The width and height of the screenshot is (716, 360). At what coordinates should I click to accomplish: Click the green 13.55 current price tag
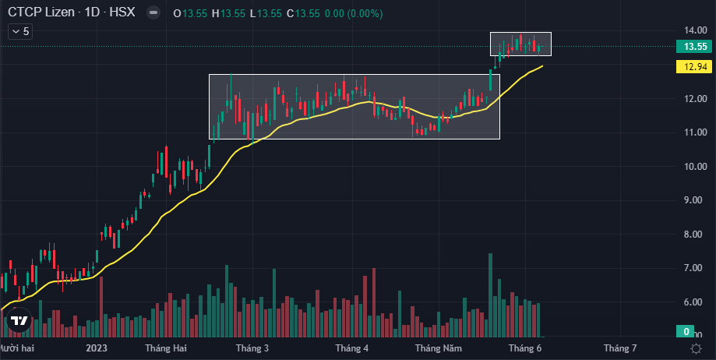[x=694, y=47]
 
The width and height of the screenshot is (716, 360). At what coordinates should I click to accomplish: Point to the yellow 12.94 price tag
[x=694, y=69]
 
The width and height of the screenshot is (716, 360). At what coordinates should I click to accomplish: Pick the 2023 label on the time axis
[x=97, y=348]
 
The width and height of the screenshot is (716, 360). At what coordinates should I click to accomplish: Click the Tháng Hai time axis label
[x=166, y=348]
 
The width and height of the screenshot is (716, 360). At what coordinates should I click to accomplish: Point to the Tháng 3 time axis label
[x=252, y=348]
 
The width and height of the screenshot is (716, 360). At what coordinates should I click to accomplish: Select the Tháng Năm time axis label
[x=439, y=348]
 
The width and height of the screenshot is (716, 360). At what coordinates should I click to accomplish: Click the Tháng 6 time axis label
[x=524, y=348]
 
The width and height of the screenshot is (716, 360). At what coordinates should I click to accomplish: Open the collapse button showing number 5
[x=19, y=31]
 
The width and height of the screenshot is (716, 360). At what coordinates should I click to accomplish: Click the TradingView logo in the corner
[x=19, y=320]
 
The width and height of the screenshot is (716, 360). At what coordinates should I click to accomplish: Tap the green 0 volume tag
[x=686, y=332]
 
